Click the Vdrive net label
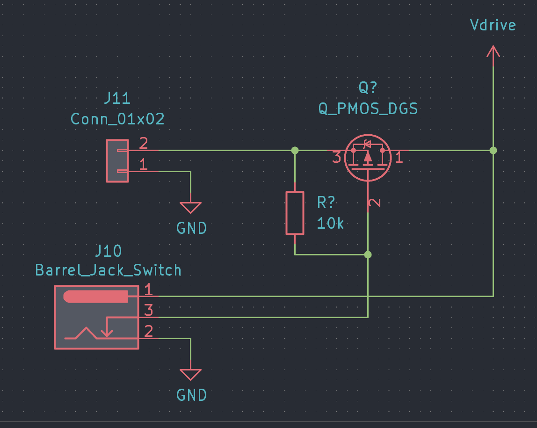tap(493, 25)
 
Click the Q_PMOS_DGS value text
tap(368, 109)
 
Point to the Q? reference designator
tap(368, 87)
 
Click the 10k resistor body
tap(295, 213)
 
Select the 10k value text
tap(330, 223)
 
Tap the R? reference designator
tap(326, 203)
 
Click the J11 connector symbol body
tap(117, 160)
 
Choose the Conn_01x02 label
tap(117, 119)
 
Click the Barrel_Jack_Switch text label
tap(108, 270)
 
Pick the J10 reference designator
tap(108, 251)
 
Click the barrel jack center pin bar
tap(95, 297)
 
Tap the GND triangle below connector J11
tap(190, 208)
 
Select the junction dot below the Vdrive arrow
tap(493, 150)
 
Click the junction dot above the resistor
tap(295, 150)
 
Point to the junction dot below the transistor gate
tap(368, 255)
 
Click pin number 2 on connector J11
tap(144, 143)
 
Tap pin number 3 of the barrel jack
tap(148, 310)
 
